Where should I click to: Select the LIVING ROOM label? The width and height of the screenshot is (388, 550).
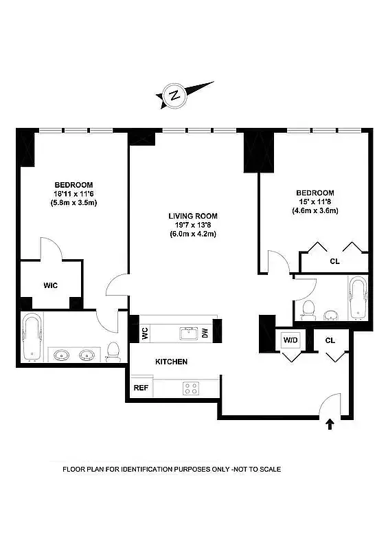(x=192, y=217)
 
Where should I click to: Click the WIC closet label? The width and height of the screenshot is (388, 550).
(x=51, y=285)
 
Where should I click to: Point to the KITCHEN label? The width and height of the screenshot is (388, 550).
(x=171, y=362)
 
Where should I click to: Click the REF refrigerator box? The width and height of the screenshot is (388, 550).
(x=141, y=388)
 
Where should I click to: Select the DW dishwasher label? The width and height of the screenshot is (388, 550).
(x=205, y=333)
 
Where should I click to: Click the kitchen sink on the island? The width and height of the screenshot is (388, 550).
(x=187, y=333)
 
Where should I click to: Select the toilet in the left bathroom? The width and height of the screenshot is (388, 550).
(x=115, y=351)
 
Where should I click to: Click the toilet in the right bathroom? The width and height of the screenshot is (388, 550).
(x=308, y=309)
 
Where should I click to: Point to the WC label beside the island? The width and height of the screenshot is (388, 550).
(x=145, y=333)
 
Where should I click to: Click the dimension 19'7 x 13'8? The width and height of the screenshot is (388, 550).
(x=192, y=225)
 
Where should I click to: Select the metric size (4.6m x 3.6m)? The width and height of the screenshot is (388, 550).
(x=315, y=210)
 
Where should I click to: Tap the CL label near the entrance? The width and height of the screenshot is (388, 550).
(x=330, y=340)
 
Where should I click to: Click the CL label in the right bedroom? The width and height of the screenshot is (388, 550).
(x=334, y=261)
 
